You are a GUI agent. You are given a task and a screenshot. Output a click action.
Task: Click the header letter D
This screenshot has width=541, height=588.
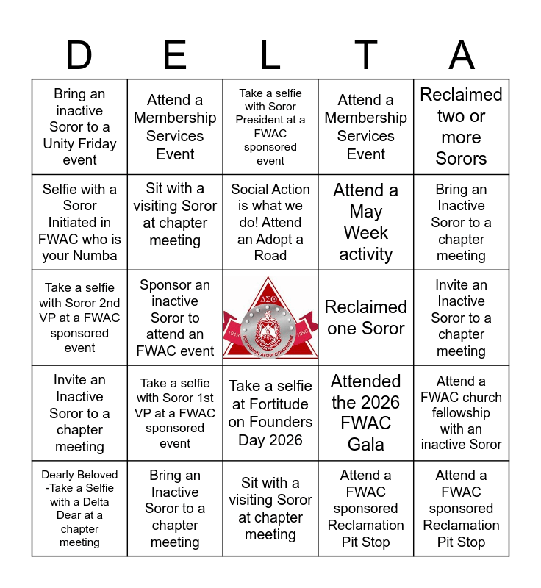pos(79,56)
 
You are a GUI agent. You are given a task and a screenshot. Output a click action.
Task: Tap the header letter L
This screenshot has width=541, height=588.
pos(270,56)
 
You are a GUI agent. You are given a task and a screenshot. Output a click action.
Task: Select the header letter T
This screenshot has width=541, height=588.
pos(366,56)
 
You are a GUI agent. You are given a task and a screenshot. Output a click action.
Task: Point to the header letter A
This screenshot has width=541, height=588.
pos(462,56)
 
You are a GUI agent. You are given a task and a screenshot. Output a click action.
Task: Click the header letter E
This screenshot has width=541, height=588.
pos(175,56)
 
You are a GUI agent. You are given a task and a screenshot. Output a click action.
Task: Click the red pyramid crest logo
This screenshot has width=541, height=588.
pos(270,318)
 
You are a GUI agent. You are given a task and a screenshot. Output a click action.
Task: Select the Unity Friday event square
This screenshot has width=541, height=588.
pos(79,127)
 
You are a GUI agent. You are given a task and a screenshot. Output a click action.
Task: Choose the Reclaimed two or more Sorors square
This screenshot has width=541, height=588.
pos(462,127)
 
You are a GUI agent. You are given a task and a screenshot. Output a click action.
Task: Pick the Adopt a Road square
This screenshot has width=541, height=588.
pos(270,222)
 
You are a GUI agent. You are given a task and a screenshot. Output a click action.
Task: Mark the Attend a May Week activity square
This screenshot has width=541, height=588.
pos(366,222)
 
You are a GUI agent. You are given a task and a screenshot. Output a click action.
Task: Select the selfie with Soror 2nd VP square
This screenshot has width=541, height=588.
pos(79,318)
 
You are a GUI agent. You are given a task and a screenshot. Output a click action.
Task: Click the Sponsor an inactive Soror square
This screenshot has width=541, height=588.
pos(175,318)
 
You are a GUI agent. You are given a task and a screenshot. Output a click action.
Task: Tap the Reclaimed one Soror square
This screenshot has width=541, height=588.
pos(366,318)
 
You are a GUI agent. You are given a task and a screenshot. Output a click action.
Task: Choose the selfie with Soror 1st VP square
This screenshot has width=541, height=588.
pos(175,413)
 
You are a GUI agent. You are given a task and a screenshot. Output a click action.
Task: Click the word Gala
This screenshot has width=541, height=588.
pos(366,445)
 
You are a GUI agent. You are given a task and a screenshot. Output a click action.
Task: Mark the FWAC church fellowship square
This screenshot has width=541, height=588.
pos(462,413)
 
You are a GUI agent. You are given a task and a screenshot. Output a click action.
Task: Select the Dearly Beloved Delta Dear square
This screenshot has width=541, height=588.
pos(79,509)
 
